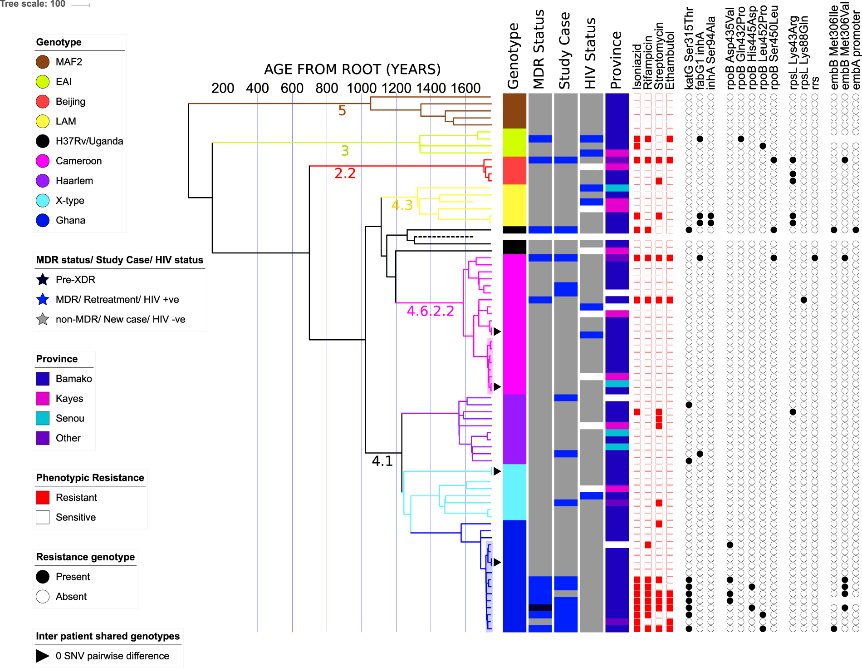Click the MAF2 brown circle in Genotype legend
coord(43,62)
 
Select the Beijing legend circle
coord(43,101)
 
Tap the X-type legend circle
coord(43,200)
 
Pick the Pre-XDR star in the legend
coord(43,280)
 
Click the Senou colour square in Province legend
coord(43,418)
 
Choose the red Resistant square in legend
coord(43,497)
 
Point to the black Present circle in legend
coord(43,577)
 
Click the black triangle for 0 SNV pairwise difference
coord(43,656)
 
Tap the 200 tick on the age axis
coord(223,88)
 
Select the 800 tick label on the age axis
coord(327,88)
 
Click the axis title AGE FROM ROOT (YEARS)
coord(353,69)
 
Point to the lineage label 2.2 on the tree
coord(345,173)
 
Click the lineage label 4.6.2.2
coord(430,311)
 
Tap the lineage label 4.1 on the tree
coord(382,461)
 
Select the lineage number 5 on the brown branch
coord(342,111)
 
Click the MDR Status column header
coord(539,49)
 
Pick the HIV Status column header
coord(590,53)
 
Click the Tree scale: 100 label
coord(33,4)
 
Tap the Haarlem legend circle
coord(43,181)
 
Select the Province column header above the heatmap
coord(616,60)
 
